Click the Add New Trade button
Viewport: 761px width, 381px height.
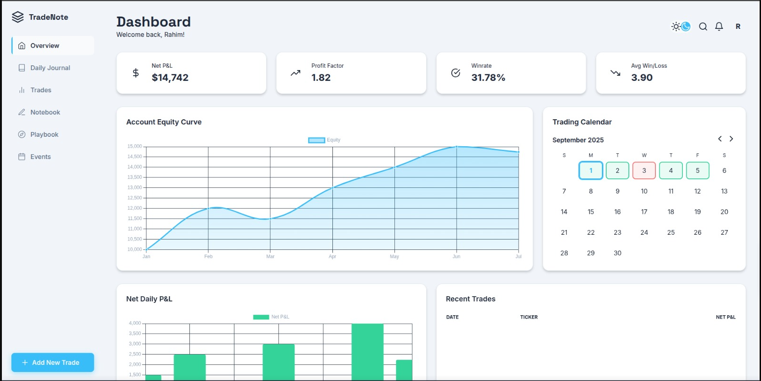point(53,363)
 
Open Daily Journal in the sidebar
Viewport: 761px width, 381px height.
point(50,68)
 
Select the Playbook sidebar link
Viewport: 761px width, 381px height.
point(44,134)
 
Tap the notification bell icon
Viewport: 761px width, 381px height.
point(719,27)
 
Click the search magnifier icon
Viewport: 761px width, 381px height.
point(703,27)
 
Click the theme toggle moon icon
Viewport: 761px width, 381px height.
point(685,27)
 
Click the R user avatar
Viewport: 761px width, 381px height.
point(738,27)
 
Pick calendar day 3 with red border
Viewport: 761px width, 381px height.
point(644,170)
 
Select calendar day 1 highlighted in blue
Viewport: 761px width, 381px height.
point(591,170)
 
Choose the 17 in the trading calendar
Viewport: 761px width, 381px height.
point(644,212)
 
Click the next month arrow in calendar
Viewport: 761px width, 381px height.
point(731,139)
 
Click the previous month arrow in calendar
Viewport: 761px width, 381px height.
point(720,139)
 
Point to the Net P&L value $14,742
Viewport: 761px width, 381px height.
point(170,78)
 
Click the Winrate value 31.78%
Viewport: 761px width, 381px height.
point(488,78)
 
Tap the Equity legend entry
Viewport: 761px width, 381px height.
point(324,140)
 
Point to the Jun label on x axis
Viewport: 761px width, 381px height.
point(456,257)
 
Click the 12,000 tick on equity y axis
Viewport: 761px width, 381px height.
point(134,208)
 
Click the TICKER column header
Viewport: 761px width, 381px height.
point(528,317)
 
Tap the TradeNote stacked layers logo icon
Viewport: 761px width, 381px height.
point(18,17)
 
